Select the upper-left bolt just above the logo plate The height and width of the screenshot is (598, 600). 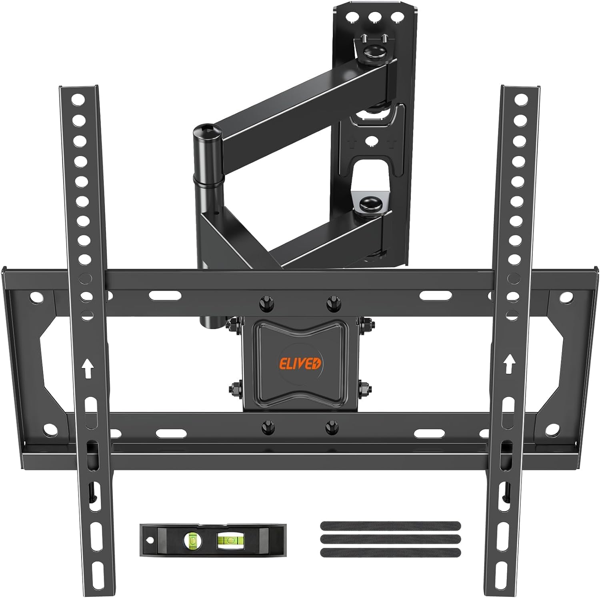pyautogui.click(x=265, y=303)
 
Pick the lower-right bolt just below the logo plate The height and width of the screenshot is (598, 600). pyautogui.click(x=332, y=426)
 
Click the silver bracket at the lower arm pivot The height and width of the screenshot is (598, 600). pyautogui.click(x=370, y=198)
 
